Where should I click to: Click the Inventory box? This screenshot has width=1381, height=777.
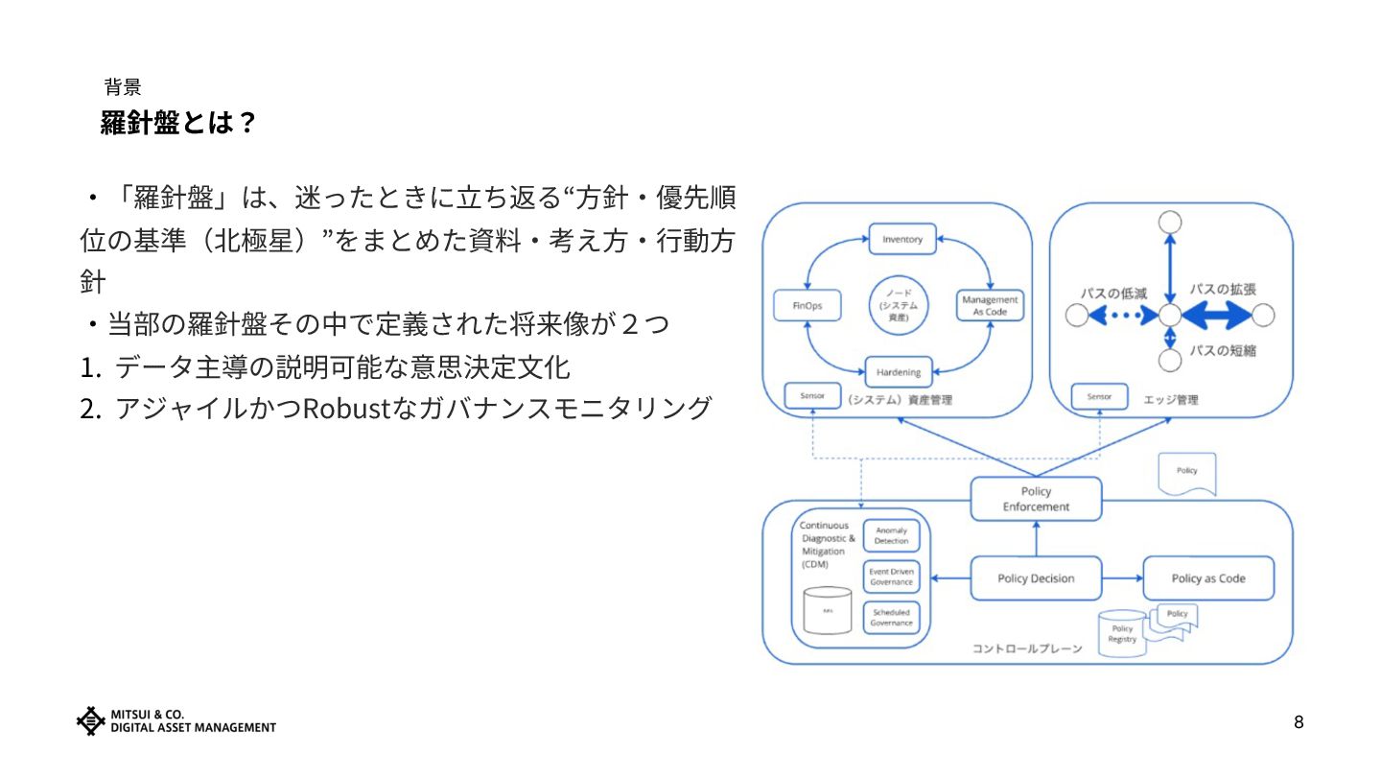point(901,239)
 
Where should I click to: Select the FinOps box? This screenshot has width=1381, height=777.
point(807,306)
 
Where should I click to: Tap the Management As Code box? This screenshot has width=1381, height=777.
point(990,306)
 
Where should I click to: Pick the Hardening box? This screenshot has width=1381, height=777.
point(899,372)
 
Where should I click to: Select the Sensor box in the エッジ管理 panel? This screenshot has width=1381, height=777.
point(1099,396)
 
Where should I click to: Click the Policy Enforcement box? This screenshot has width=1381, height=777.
point(1036,499)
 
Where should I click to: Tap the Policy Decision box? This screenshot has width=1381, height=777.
point(1036,578)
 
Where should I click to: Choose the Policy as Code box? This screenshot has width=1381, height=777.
point(1208,578)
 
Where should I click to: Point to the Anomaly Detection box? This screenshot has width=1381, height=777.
point(891,536)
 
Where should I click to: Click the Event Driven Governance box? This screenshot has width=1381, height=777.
point(891,577)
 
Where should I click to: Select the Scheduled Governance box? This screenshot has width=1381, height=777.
point(891,618)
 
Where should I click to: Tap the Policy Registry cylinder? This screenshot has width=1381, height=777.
point(1122,633)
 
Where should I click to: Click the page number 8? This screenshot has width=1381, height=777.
point(1299,722)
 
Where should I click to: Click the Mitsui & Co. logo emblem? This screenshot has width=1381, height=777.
point(90,720)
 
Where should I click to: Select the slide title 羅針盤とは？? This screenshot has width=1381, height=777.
point(178,123)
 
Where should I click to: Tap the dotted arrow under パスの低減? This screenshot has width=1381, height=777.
point(1123,315)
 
